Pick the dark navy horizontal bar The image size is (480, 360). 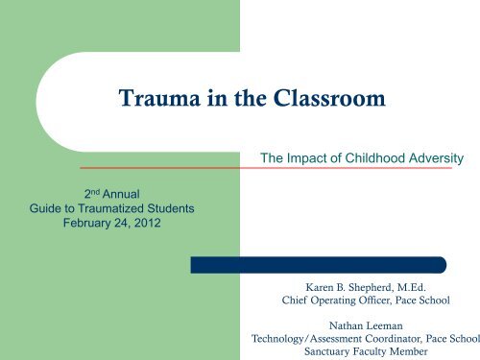(318, 264)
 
